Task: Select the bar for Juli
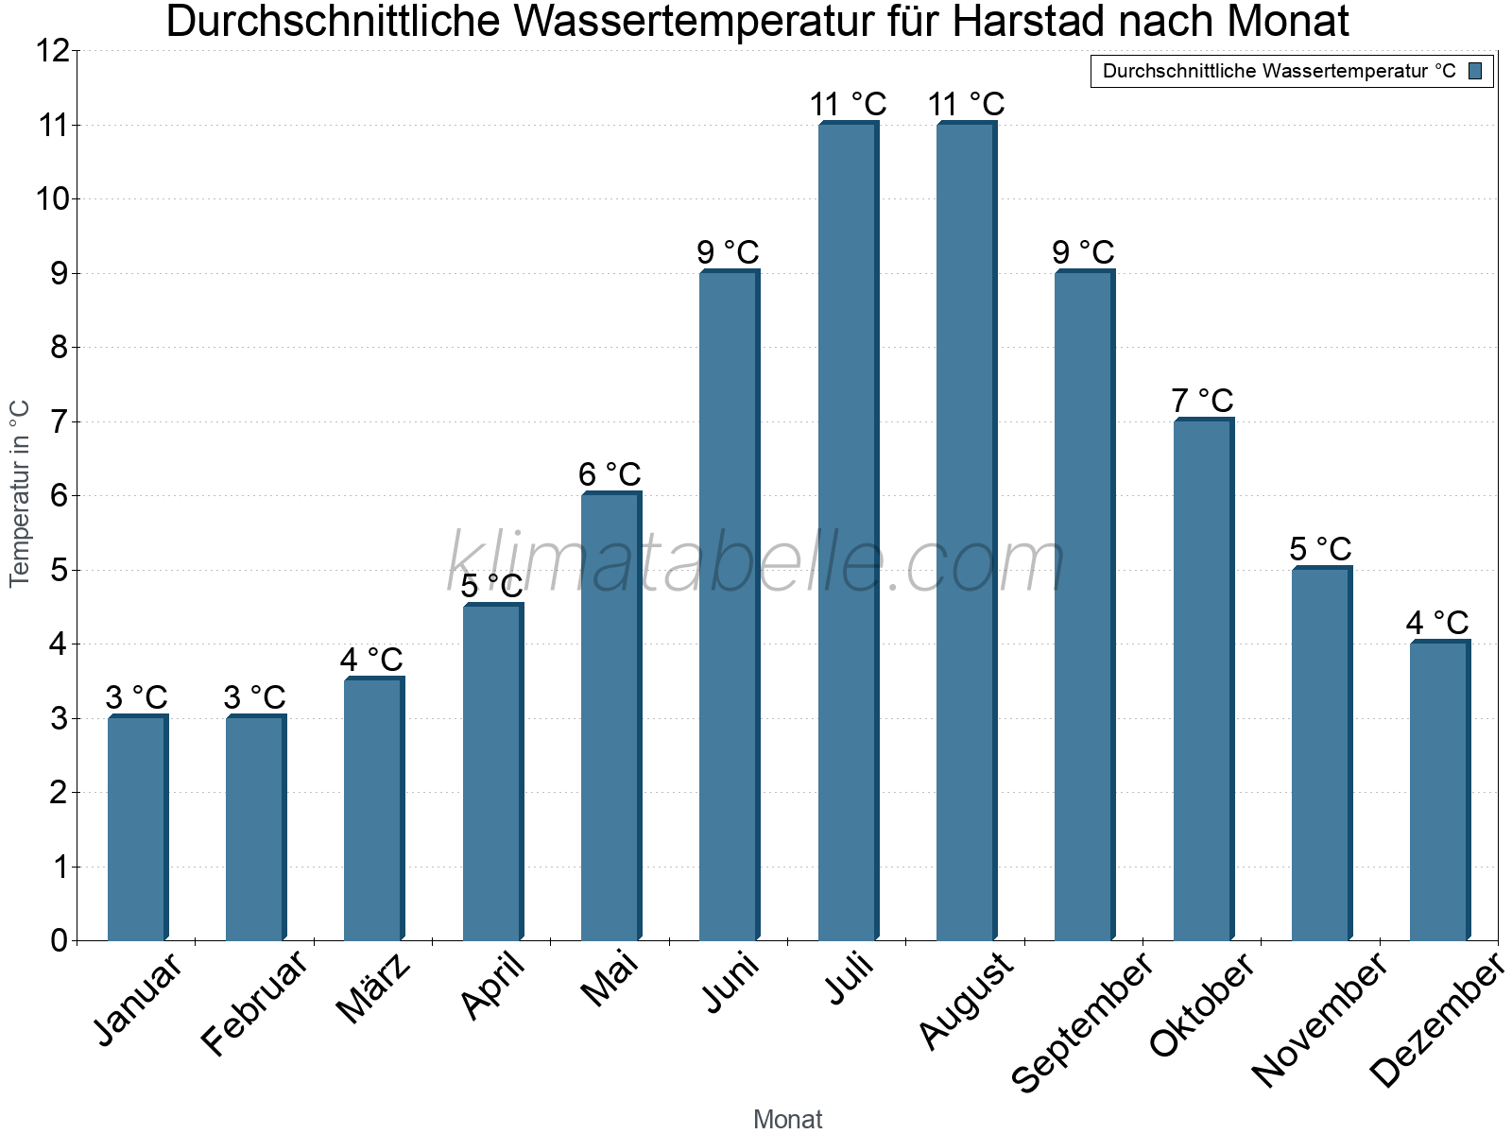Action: [x=848, y=531]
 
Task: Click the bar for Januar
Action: [x=137, y=828]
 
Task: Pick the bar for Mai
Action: [x=610, y=716]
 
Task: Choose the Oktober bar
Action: [x=1203, y=679]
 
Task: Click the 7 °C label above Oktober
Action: [x=1202, y=401]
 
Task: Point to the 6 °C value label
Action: [x=610, y=474]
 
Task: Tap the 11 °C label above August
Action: [x=966, y=104]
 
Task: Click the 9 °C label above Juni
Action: [x=728, y=252]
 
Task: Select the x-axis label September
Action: [x=1083, y=1021]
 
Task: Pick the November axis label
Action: [x=1320, y=1019]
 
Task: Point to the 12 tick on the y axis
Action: [x=53, y=51]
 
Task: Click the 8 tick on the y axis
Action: [x=60, y=348]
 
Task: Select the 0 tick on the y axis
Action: [x=60, y=940]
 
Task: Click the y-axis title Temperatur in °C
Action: [x=20, y=493]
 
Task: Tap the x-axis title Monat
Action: [x=787, y=1119]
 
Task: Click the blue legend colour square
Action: [x=1475, y=71]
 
